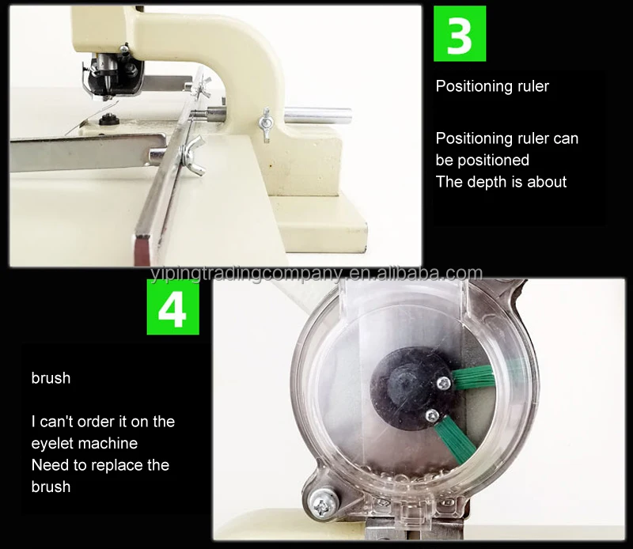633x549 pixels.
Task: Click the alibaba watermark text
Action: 316,274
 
